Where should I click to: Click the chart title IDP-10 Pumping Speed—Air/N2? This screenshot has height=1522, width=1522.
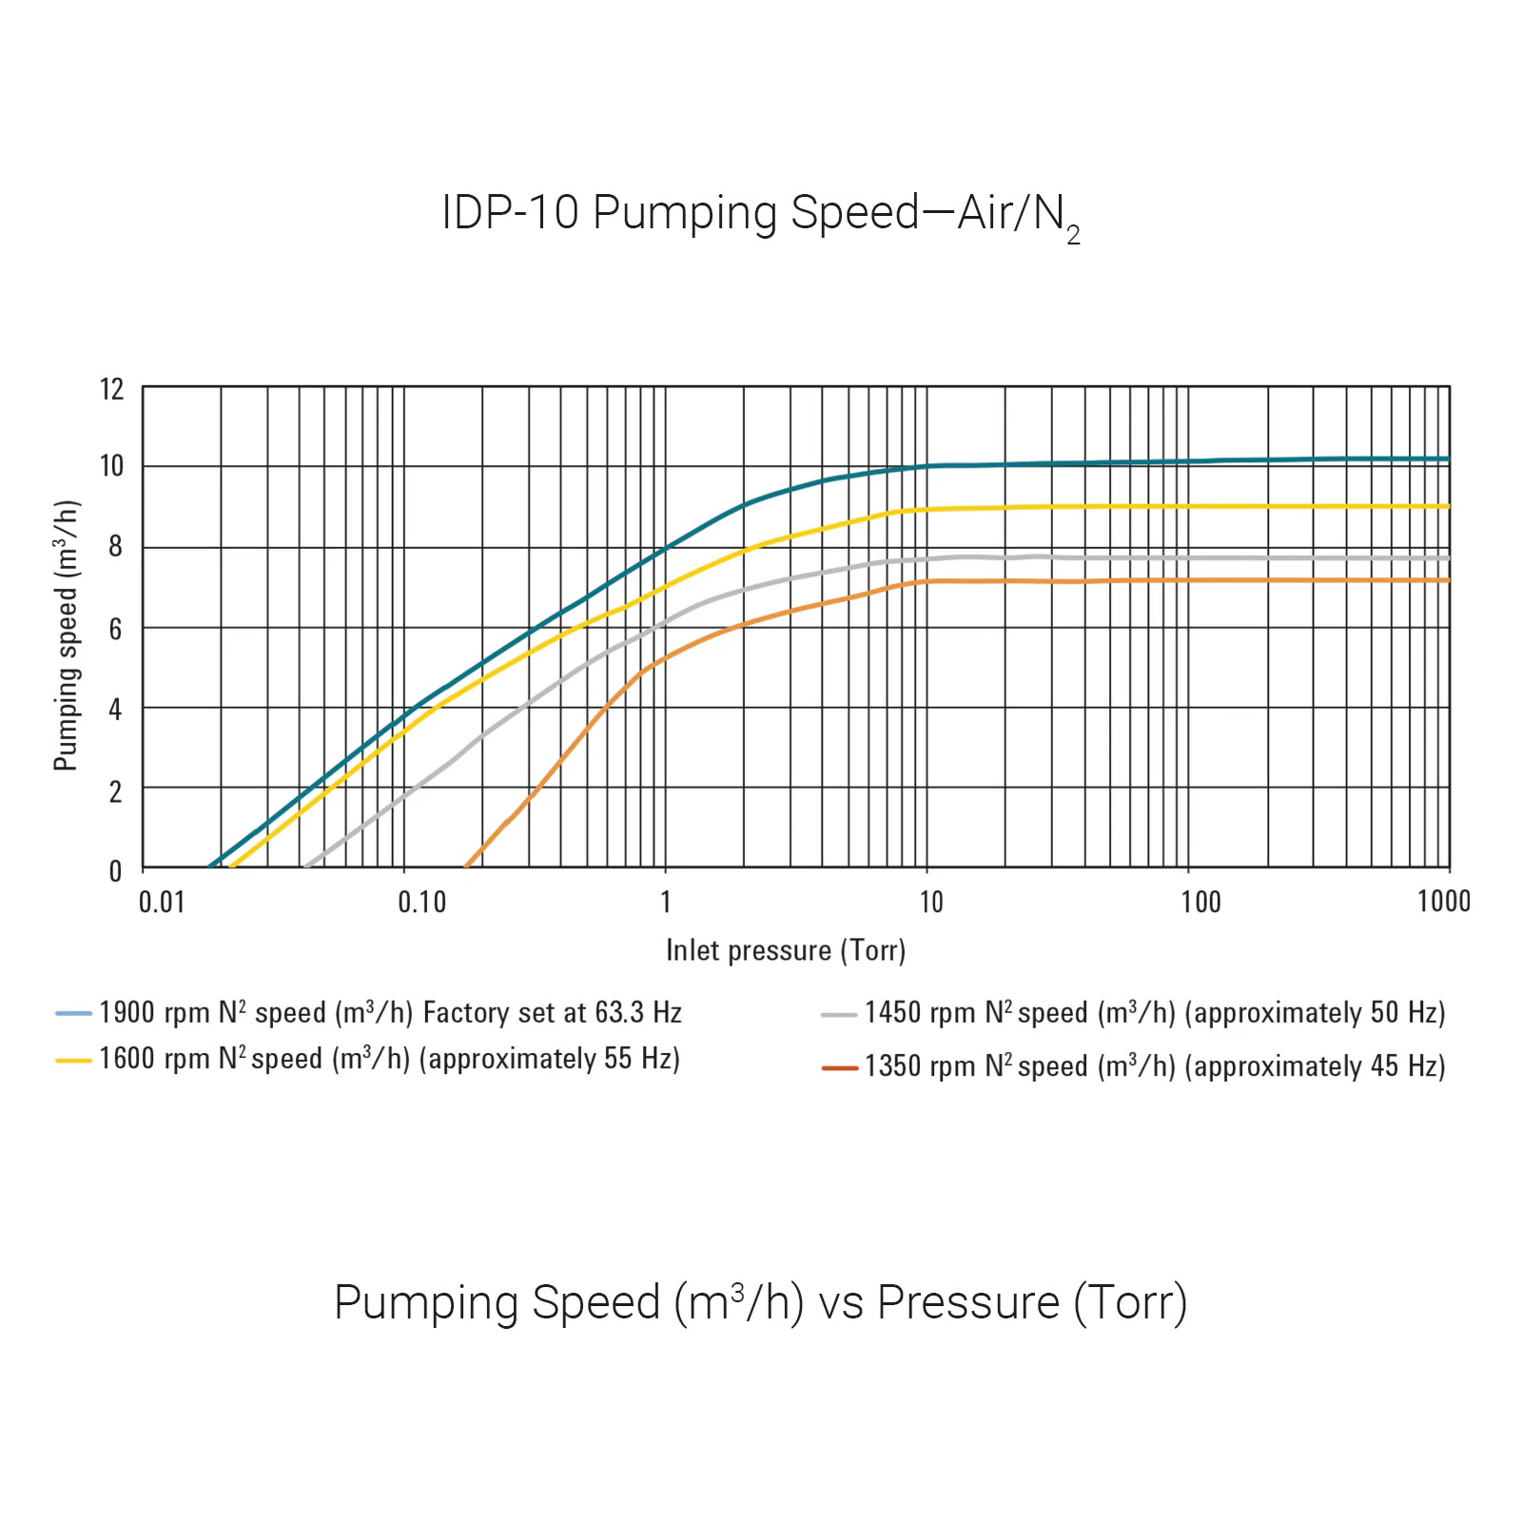tap(760, 213)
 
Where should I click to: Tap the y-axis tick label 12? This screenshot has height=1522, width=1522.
tap(112, 389)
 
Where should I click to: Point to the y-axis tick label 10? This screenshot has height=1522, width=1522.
tap(112, 466)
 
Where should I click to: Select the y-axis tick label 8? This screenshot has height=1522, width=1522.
tap(115, 546)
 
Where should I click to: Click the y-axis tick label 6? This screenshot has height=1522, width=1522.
tap(115, 629)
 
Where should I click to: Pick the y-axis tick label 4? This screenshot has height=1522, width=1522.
tap(115, 709)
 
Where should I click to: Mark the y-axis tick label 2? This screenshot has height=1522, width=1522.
tap(115, 791)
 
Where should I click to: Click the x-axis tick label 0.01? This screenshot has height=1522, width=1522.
tap(162, 902)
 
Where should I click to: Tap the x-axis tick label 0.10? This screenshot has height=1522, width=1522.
tap(421, 902)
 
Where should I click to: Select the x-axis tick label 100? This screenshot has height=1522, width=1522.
tap(1200, 902)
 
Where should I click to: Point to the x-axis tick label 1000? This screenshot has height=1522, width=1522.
tap(1443, 901)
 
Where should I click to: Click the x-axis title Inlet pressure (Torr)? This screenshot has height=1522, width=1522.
tap(786, 950)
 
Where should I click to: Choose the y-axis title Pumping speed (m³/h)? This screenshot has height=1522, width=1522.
tap(66, 635)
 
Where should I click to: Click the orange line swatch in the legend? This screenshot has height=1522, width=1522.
tap(839, 1068)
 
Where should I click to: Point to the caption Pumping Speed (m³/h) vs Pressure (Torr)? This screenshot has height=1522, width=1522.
tap(760, 1302)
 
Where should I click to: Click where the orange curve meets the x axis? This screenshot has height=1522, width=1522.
tap(466, 867)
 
